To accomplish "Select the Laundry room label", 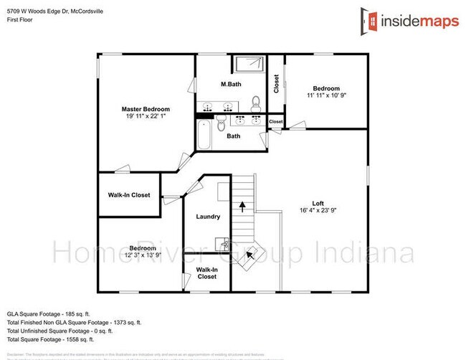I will click(x=208, y=217).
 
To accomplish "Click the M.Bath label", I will click(x=231, y=85).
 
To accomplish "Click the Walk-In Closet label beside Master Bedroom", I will click(x=129, y=195).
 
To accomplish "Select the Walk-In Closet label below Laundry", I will click(x=206, y=273).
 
